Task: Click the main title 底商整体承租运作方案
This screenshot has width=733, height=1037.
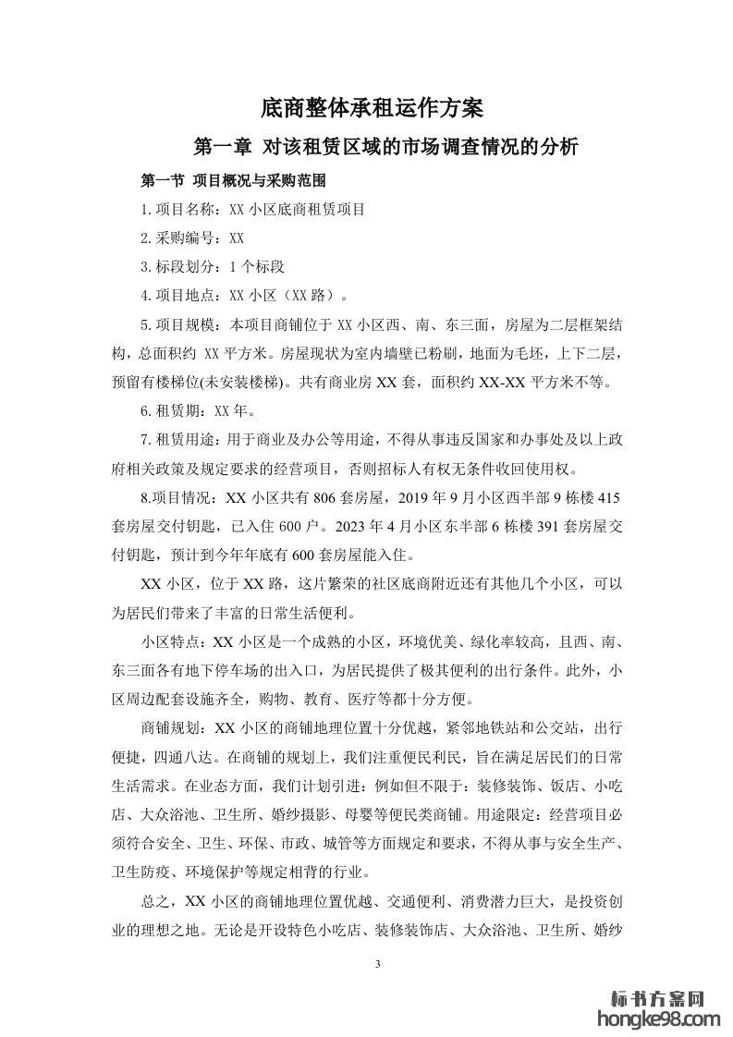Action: click(x=366, y=108)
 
